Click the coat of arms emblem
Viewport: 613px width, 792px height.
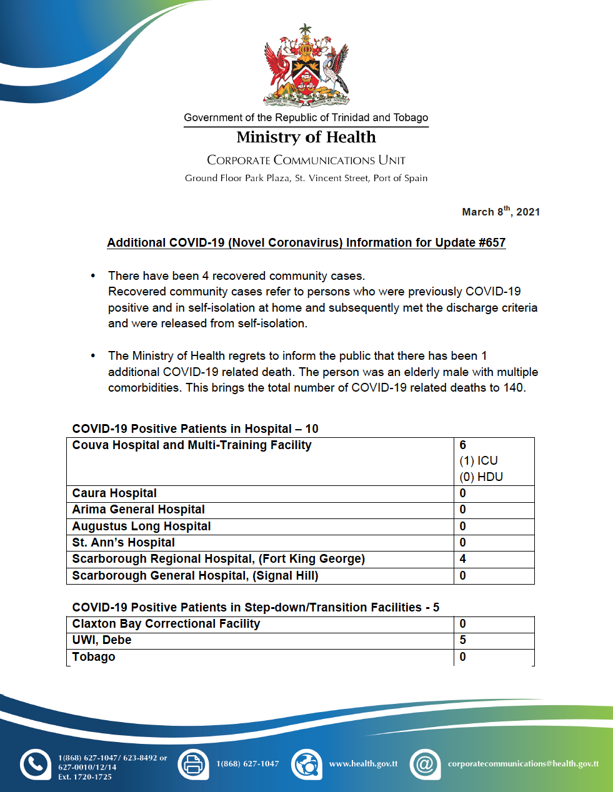[x=306, y=66]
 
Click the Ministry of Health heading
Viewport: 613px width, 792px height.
[x=306, y=137]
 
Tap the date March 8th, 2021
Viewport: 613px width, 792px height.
[x=501, y=212]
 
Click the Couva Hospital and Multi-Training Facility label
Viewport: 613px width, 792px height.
[x=192, y=445]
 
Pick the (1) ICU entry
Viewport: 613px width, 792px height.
[x=479, y=461]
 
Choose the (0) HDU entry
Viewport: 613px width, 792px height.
[x=481, y=477]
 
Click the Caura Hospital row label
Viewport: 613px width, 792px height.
[x=114, y=493]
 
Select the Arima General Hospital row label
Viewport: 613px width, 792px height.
[x=138, y=510]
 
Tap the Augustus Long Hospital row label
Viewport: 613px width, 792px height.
[x=141, y=527]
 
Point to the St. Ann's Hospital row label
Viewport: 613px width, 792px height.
[x=123, y=543]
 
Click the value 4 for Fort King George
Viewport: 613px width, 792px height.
[x=463, y=559]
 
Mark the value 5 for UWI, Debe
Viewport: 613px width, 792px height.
[x=463, y=640]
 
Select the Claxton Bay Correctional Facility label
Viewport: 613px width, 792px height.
[x=166, y=624]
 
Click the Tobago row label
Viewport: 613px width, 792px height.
[x=94, y=657]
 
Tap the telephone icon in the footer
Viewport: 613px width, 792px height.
[x=36, y=764]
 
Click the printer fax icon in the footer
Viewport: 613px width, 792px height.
[x=193, y=764]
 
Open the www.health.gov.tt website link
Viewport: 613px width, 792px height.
[x=363, y=764]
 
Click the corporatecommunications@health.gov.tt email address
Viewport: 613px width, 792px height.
[x=523, y=764]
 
